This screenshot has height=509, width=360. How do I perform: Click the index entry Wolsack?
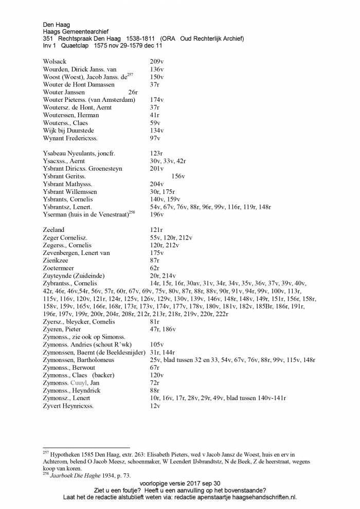55,62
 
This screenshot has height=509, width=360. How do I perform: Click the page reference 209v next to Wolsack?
157,62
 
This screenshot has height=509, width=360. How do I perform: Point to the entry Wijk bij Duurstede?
68,131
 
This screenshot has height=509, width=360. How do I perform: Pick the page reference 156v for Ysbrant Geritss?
178,176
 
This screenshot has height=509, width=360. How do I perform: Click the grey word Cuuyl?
79,383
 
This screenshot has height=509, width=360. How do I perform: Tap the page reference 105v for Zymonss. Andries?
157,344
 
